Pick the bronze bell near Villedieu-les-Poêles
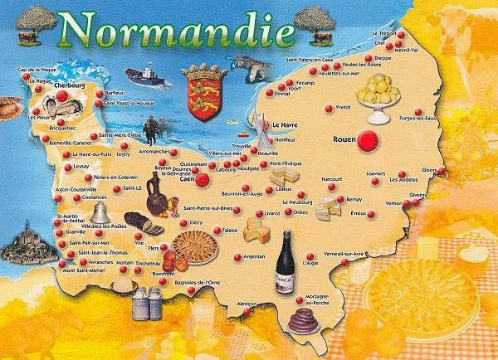(x=96, y=213)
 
